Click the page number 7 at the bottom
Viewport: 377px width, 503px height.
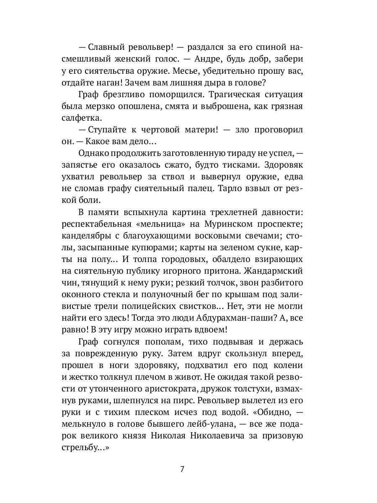182,469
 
